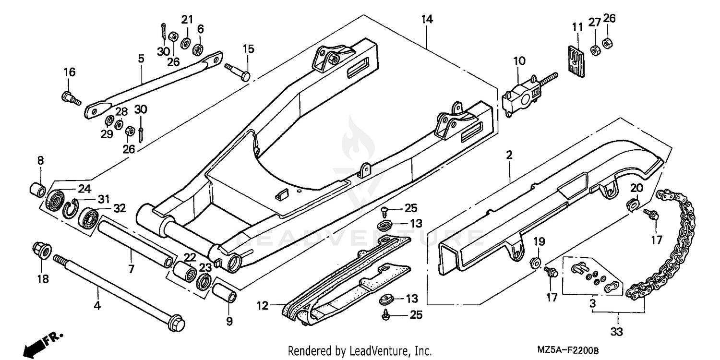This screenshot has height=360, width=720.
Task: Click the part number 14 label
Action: [x=427, y=19]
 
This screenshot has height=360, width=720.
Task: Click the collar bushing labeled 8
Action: [x=38, y=188]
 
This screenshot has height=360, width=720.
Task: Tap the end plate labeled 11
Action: [x=575, y=60]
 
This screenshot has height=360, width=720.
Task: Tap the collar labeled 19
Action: [x=536, y=263]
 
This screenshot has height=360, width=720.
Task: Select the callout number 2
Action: [x=509, y=155]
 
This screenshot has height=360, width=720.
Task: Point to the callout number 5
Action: [x=141, y=59]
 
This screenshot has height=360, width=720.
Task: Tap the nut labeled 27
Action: [x=594, y=49]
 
